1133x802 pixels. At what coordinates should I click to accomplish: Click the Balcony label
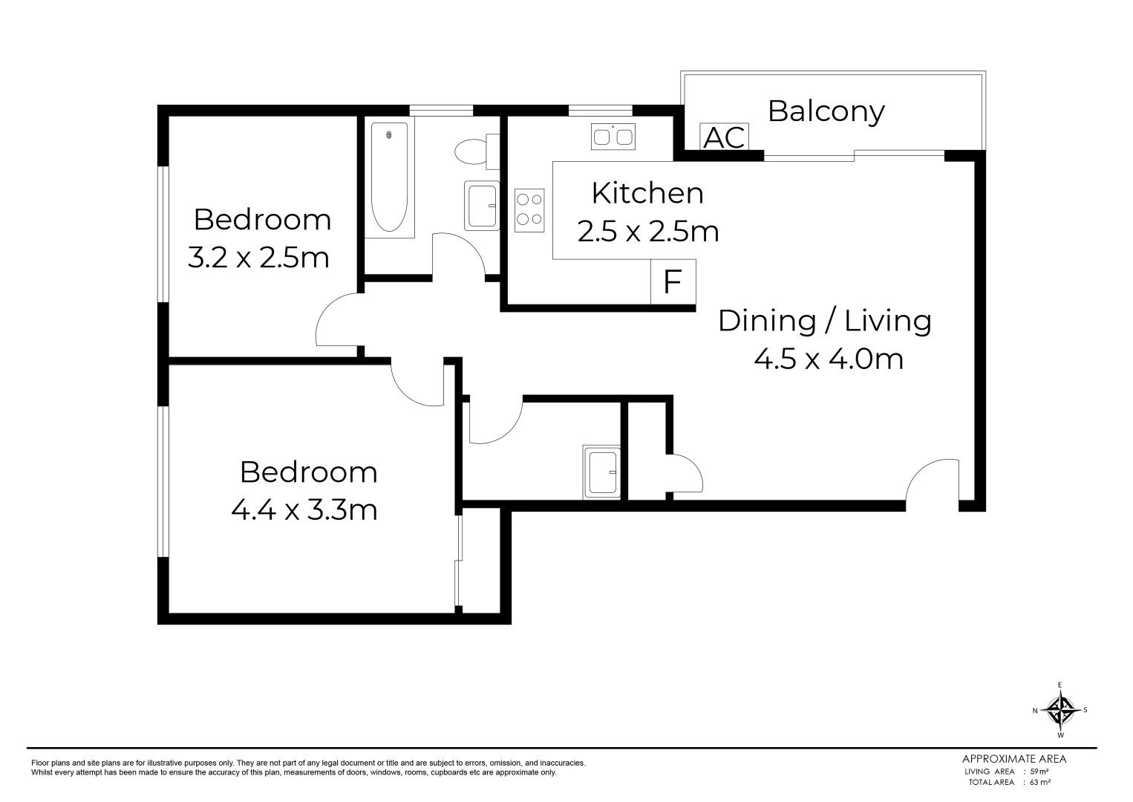826,111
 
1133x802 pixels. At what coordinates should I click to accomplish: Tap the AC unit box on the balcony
724,137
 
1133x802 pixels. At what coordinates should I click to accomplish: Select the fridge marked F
673,281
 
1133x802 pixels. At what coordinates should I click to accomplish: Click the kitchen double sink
613,137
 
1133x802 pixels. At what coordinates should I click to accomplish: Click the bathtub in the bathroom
389,179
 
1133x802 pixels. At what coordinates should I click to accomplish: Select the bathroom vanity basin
481,206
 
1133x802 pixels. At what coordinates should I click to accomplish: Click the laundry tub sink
601,472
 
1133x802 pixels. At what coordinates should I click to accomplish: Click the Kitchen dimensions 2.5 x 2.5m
648,232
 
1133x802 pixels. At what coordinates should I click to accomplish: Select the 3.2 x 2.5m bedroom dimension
258,258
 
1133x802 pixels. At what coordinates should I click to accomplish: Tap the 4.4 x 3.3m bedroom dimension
304,510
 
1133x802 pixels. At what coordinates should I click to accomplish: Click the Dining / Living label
825,321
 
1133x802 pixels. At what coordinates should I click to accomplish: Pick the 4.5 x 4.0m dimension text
829,359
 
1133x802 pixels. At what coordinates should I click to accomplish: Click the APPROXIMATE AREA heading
1014,759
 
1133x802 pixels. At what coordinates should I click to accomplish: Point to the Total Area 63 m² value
1039,782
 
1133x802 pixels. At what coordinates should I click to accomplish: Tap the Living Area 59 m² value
1039,771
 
